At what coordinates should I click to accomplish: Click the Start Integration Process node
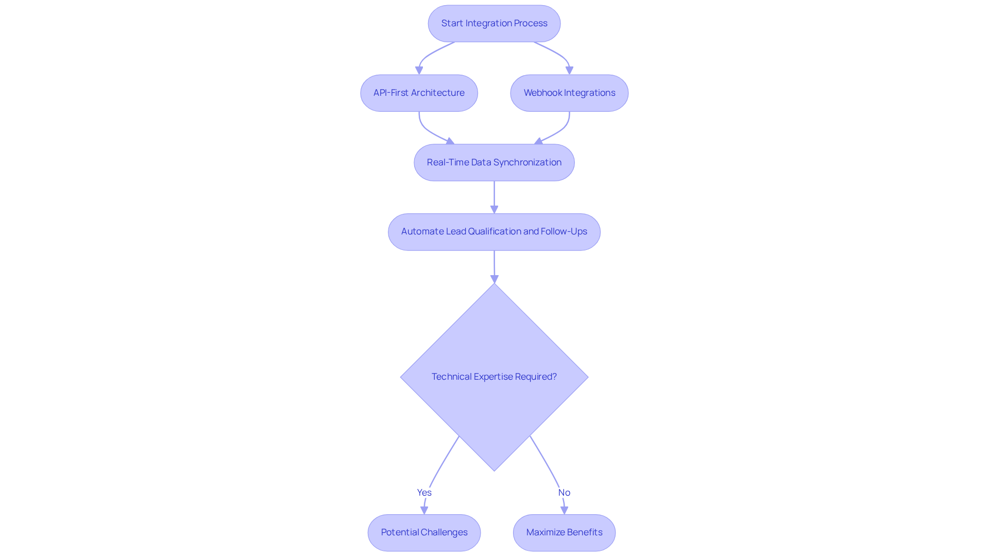(494, 24)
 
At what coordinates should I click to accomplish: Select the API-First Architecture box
(419, 93)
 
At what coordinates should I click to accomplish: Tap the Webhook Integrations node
(569, 93)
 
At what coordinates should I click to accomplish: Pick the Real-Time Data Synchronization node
(494, 163)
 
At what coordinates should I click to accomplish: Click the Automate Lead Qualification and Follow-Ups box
(494, 232)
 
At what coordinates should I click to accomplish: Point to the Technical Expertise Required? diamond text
(494, 377)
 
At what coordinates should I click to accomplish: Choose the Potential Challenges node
(424, 533)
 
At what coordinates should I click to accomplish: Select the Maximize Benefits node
(564, 533)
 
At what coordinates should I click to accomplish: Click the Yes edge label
(424, 493)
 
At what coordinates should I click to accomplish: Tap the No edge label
(564, 493)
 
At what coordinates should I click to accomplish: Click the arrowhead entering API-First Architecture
(419, 71)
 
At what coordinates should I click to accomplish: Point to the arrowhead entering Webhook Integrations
(569, 71)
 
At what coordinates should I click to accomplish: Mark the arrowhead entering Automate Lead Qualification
(494, 209)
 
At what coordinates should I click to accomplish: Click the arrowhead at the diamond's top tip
(494, 279)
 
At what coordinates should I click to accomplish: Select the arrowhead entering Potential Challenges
(424, 510)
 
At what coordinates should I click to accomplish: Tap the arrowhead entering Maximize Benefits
(564, 510)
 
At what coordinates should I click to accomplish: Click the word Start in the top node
(452, 24)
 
